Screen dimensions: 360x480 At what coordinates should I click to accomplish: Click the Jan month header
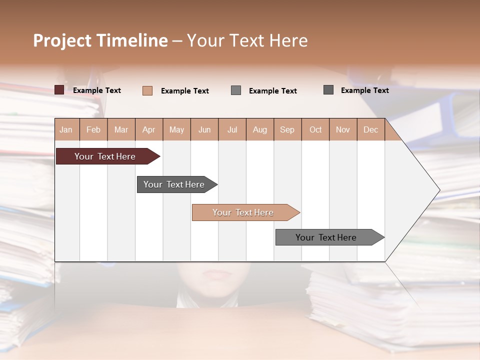[x=66, y=129]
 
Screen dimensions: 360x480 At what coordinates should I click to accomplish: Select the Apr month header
[x=149, y=129]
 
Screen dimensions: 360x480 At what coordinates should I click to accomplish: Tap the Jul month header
[x=232, y=129]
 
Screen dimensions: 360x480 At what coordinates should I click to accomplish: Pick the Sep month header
[x=287, y=129]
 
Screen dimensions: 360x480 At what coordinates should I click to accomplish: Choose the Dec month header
[x=370, y=129]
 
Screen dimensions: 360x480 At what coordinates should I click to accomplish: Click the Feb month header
[x=93, y=129]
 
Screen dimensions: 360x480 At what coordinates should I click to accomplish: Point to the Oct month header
[x=315, y=129]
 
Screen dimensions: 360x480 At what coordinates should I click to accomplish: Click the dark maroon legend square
[x=59, y=90]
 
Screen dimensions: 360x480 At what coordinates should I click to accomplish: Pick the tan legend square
[x=147, y=90]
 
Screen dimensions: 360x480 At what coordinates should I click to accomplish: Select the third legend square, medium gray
[x=236, y=90]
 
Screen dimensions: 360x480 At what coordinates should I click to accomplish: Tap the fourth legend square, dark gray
[x=328, y=90]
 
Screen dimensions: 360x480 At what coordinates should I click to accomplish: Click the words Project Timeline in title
[x=100, y=40]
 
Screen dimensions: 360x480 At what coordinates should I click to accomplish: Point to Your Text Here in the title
[x=247, y=40]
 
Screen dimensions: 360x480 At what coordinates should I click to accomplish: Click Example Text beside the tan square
[x=184, y=91]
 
